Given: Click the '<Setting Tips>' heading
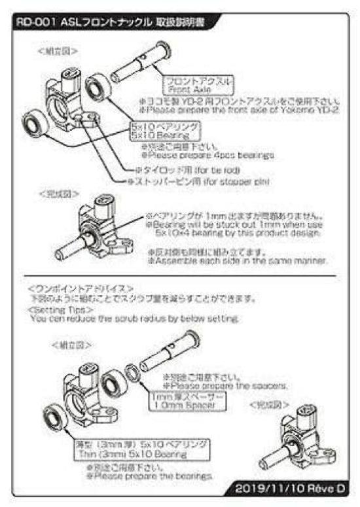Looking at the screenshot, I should click(x=53, y=309).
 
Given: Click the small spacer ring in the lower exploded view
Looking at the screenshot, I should click(x=131, y=370).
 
